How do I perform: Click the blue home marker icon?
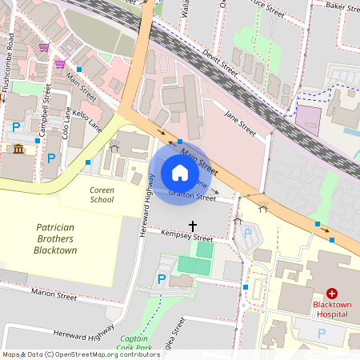click(x=179, y=173)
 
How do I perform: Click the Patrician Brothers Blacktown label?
click(x=61, y=239)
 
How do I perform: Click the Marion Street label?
click(x=54, y=296)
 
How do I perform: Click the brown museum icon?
click(x=18, y=148)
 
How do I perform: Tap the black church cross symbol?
click(x=192, y=226)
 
